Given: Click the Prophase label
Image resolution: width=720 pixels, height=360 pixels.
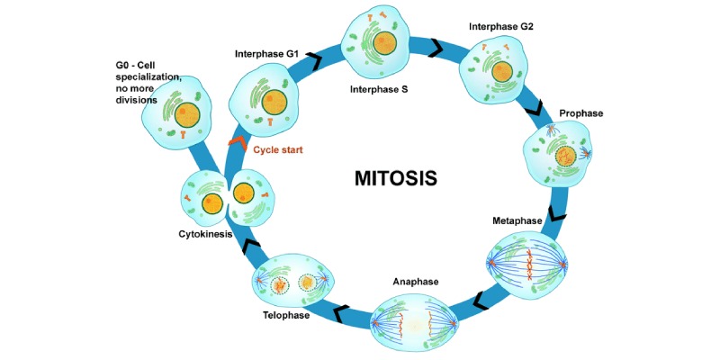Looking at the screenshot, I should click(x=580, y=113).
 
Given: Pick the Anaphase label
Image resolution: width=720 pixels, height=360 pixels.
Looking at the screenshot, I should click(x=415, y=282).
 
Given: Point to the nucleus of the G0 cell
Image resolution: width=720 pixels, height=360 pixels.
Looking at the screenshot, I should click(x=187, y=114).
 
